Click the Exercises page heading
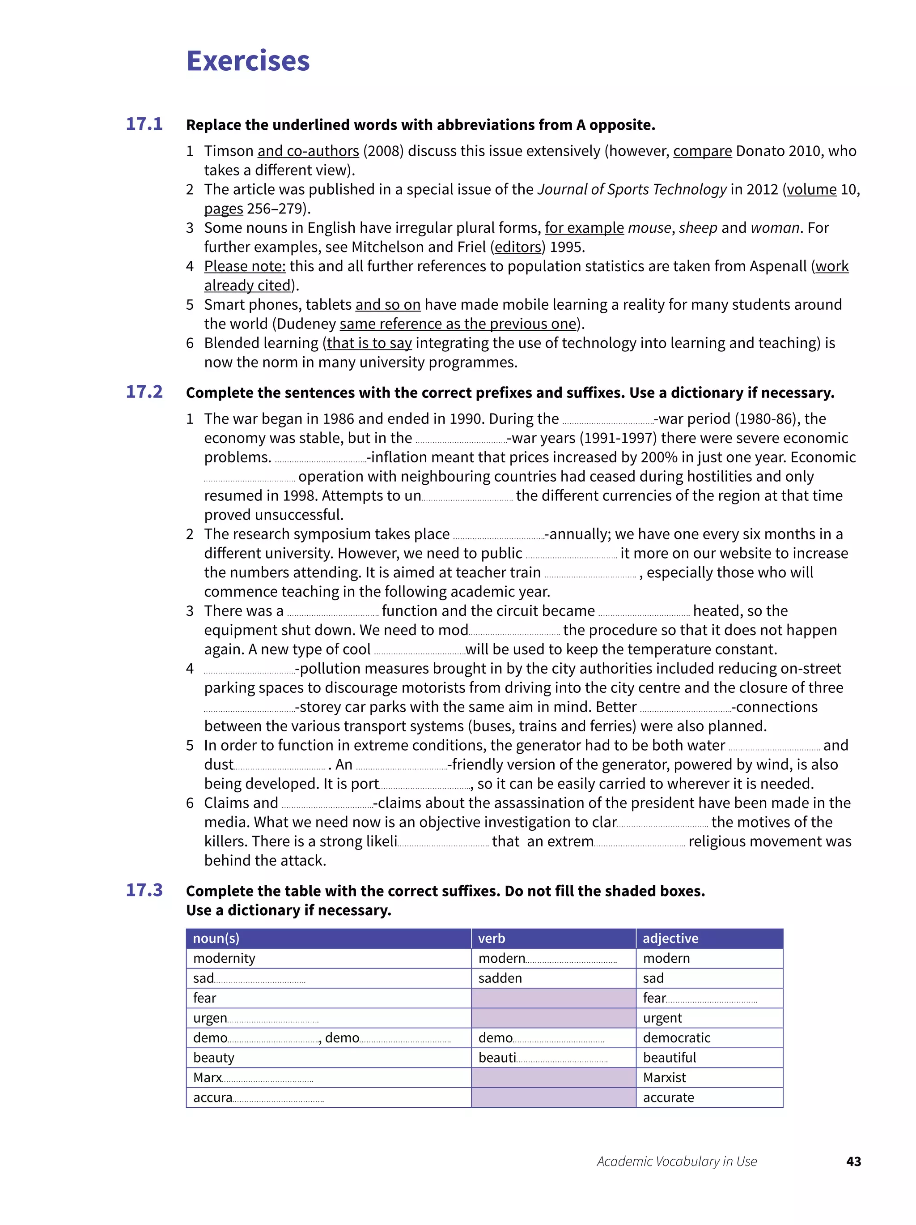point(247,61)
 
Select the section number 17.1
point(144,124)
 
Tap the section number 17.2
point(144,392)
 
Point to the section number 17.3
point(144,890)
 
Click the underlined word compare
point(702,151)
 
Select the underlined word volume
point(811,189)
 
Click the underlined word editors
point(517,247)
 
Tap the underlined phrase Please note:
point(245,266)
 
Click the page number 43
point(853,1161)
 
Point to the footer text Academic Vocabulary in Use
point(676,1161)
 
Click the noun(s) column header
point(216,938)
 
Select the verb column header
point(492,938)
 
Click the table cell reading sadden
point(500,978)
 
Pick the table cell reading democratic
point(676,1038)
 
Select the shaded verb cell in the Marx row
point(553,1078)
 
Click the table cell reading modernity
point(224,958)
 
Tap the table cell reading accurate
point(668,1097)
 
